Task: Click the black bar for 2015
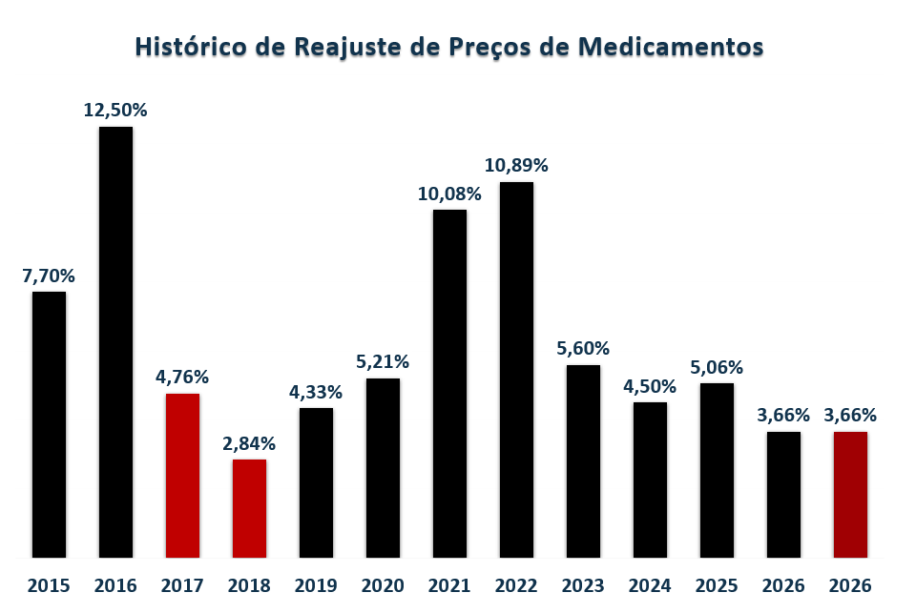(49, 424)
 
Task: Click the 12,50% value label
(115, 111)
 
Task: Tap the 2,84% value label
(249, 443)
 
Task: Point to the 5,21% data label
(383, 362)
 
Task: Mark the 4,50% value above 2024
(650, 387)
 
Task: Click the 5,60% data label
(583, 349)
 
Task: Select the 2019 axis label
(316, 585)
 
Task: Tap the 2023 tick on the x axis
(583, 585)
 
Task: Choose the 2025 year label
(717, 585)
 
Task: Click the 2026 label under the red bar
(850, 585)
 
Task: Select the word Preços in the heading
(495, 48)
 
